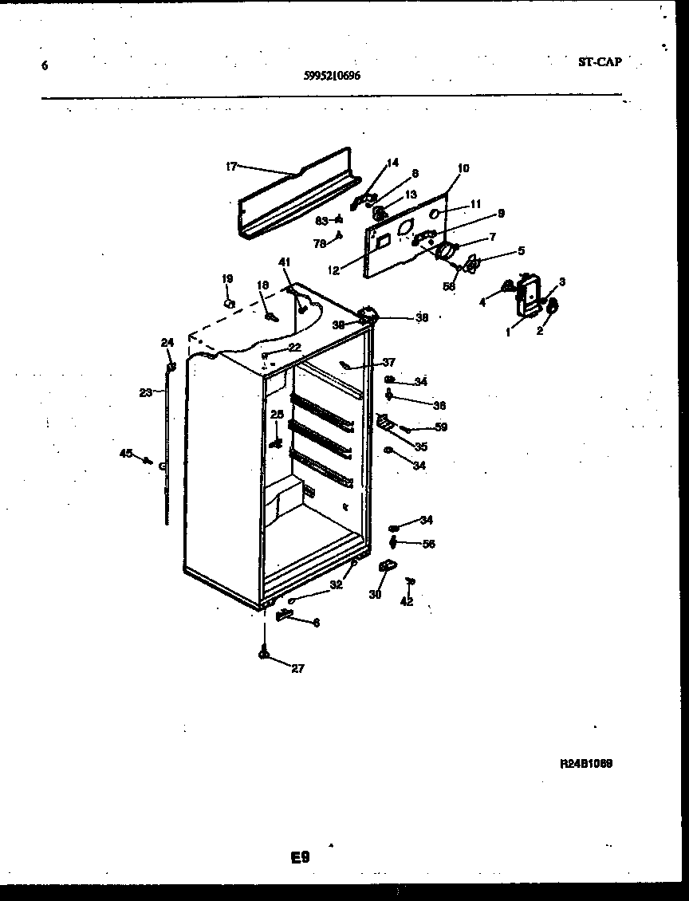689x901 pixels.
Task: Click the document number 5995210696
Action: click(x=332, y=76)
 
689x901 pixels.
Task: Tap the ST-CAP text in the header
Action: click(x=598, y=61)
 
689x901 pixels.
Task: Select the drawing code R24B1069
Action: click(x=586, y=763)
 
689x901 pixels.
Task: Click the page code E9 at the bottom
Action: click(x=300, y=858)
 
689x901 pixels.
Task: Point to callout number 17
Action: click(x=231, y=167)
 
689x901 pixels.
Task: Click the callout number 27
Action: click(x=297, y=669)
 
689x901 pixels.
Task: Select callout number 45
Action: click(x=125, y=454)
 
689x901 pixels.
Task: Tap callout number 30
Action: click(x=374, y=594)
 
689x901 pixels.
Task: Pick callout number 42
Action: click(x=407, y=602)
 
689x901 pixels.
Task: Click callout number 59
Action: click(x=440, y=427)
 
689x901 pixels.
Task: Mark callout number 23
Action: click(x=146, y=392)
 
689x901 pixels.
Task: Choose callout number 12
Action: click(x=334, y=270)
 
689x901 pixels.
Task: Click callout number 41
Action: click(x=285, y=262)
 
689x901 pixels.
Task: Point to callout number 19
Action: click(x=227, y=279)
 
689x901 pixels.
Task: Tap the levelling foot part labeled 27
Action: click(x=263, y=654)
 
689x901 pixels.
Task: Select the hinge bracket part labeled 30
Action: click(x=388, y=565)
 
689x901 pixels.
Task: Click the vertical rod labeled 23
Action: click(x=167, y=454)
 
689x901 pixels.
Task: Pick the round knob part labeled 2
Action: click(x=552, y=306)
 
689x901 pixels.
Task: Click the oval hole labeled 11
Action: click(x=436, y=214)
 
